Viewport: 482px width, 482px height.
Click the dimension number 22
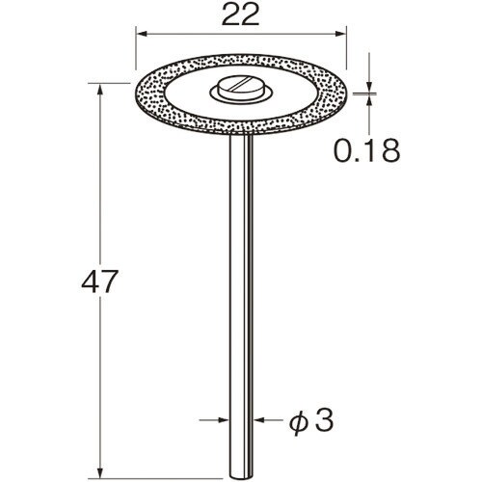pos(240,15)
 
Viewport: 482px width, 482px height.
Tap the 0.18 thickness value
pos(367,150)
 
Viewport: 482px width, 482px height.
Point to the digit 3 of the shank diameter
pos(324,420)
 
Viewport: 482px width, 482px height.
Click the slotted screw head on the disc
pos(240,87)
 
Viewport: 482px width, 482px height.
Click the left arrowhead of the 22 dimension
pos(142,34)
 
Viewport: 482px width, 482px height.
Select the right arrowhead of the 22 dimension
pos(340,34)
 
